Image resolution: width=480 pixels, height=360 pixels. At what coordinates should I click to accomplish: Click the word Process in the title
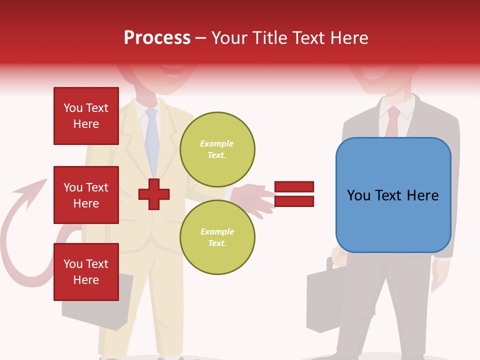pyautogui.click(x=157, y=38)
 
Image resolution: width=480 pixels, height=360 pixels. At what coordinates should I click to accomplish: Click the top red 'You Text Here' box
pyautogui.click(x=86, y=116)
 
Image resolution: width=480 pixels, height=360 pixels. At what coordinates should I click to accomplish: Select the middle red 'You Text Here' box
pyautogui.click(x=86, y=195)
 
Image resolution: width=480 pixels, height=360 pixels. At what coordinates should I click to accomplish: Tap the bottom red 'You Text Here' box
pyautogui.click(x=86, y=272)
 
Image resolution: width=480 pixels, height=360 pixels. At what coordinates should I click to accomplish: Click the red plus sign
pyautogui.click(x=154, y=194)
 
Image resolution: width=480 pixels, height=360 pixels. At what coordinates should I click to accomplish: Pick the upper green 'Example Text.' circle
pyautogui.click(x=217, y=149)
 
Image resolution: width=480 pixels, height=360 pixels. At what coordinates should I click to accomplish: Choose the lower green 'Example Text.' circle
pyautogui.click(x=217, y=237)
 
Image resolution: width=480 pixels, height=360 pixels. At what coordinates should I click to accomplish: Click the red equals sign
pyautogui.click(x=294, y=194)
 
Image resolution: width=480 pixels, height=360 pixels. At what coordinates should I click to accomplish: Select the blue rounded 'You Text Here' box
pyautogui.click(x=393, y=195)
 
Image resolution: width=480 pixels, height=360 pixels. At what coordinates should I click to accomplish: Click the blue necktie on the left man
pyautogui.click(x=151, y=140)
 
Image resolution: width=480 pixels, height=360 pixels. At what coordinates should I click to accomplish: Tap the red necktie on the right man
pyautogui.click(x=393, y=122)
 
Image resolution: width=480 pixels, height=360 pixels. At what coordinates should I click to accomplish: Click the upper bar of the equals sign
pyautogui.click(x=294, y=186)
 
